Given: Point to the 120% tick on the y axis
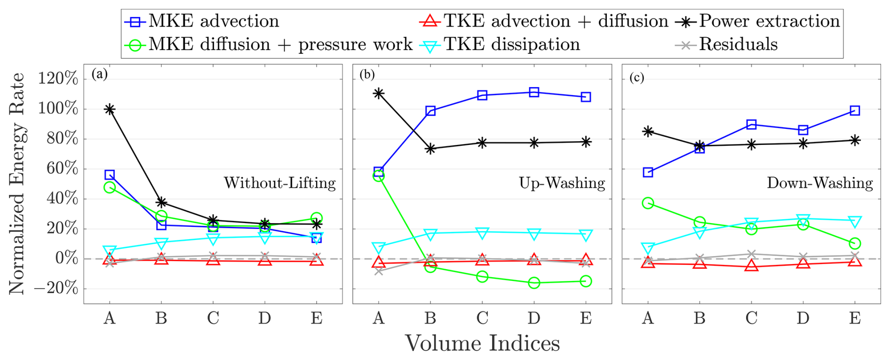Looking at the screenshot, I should pos(58,79).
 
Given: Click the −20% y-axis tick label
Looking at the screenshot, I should pos(56,288).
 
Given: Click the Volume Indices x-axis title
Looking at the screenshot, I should pos(482,344).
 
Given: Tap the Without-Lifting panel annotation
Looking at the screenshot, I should pos(279,183).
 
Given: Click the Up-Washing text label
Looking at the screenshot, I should pos(562,183).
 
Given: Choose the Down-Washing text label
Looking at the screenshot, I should pos(819,183).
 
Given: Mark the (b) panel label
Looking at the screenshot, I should pos(367,74).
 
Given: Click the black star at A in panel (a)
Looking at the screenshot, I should pos(110,109).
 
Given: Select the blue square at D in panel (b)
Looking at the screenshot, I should pos(534,92).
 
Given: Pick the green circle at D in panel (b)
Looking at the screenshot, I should pos(534,283).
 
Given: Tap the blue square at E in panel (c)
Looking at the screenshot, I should pos(855,111).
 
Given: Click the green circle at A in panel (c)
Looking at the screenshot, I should pos(648,203).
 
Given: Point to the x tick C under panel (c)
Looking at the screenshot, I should pos(751,319).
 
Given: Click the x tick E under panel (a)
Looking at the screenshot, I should pos(317,319).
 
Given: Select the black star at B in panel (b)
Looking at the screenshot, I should pos(430,149).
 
